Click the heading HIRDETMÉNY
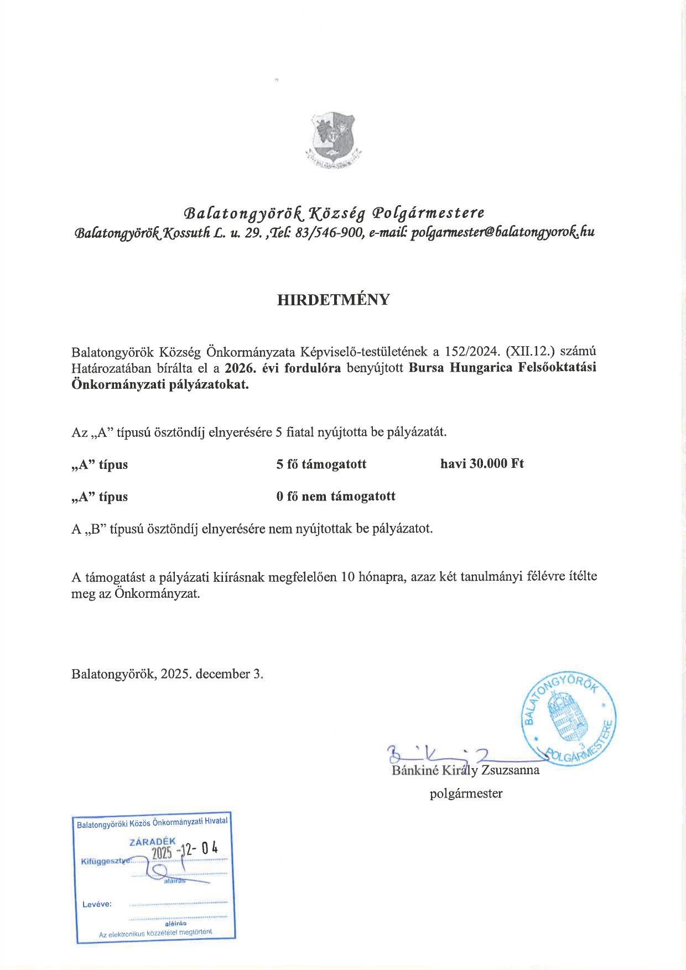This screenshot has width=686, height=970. (333, 300)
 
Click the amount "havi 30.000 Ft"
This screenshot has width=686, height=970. (482, 463)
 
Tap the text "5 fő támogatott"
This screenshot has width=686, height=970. (321, 464)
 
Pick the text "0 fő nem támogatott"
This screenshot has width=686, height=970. (336, 496)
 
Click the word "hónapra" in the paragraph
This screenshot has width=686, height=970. (382, 576)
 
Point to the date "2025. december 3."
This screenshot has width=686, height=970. (211, 674)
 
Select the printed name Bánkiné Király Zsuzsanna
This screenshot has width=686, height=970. (465, 770)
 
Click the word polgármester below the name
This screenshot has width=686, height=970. (466, 794)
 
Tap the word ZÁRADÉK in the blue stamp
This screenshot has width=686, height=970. (152, 842)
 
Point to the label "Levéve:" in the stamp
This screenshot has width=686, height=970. (97, 904)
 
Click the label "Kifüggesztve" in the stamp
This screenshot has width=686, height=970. (106, 861)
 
